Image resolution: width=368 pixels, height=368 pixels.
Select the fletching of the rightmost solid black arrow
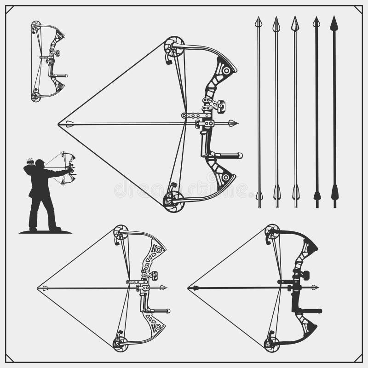point(334,192)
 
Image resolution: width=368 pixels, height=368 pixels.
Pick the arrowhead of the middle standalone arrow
point(295,23)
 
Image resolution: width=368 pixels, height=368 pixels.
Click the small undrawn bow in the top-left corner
point(49,61)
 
